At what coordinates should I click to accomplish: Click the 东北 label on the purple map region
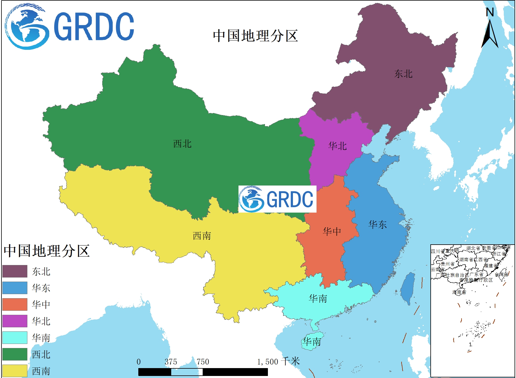point(403,74)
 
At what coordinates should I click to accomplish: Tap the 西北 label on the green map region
point(182,144)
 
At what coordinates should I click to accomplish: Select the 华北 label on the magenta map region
point(337,146)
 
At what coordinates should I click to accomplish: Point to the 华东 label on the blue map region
point(377,225)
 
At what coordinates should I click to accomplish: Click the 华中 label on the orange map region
point(332,232)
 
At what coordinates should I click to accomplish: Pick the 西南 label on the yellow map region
point(202,236)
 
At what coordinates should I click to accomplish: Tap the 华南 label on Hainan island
point(312,342)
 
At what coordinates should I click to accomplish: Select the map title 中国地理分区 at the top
point(255,36)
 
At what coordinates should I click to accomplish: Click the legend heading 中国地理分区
point(47,251)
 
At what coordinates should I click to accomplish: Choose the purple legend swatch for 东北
point(15,271)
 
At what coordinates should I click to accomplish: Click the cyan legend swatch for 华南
point(15,338)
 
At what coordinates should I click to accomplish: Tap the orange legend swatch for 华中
point(15,305)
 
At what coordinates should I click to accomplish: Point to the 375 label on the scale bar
point(171,362)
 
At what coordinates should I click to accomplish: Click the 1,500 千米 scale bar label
point(278,362)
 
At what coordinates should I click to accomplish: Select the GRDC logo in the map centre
point(277,199)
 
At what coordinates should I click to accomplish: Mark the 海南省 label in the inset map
point(459,292)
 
